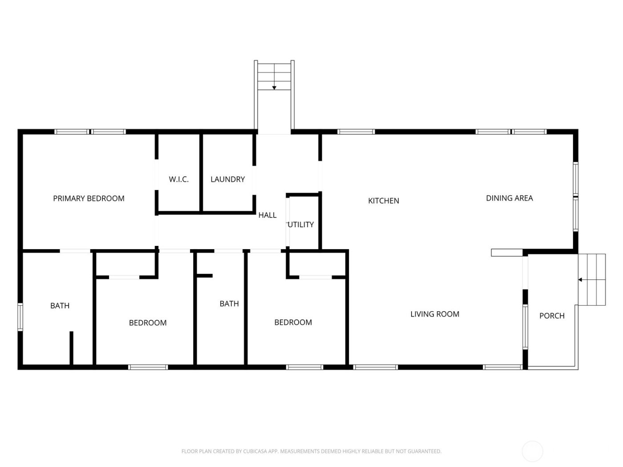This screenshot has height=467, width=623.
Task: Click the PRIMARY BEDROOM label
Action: (89, 198)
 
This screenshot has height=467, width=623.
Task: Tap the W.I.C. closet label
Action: (178, 179)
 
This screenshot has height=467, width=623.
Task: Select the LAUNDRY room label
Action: (227, 179)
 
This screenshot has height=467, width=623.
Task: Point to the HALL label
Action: (267, 215)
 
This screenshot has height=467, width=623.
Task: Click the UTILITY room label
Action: (301, 225)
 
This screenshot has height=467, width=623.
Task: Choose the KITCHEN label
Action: (383, 201)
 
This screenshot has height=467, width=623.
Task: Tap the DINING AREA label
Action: (509, 198)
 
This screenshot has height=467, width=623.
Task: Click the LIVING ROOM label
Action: (434, 314)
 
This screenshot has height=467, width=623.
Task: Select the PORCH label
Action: (552, 316)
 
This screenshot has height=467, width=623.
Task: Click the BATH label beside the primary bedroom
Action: (60, 306)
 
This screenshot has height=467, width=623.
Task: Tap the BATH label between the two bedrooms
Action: (229, 304)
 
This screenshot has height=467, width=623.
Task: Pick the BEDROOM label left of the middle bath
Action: (148, 323)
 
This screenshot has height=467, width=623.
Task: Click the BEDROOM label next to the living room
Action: (293, 322)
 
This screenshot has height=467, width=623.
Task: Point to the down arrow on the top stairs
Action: (275, 87)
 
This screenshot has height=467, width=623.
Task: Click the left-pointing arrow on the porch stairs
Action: (580, 280)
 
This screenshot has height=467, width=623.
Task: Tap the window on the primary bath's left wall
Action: (20, 317)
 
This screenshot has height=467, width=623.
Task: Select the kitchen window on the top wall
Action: (356, 132)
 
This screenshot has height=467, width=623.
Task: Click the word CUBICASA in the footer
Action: (255, 451)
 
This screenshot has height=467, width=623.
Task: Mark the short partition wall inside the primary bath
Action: (71, 348)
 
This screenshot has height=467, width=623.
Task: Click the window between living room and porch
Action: (525, 326)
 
